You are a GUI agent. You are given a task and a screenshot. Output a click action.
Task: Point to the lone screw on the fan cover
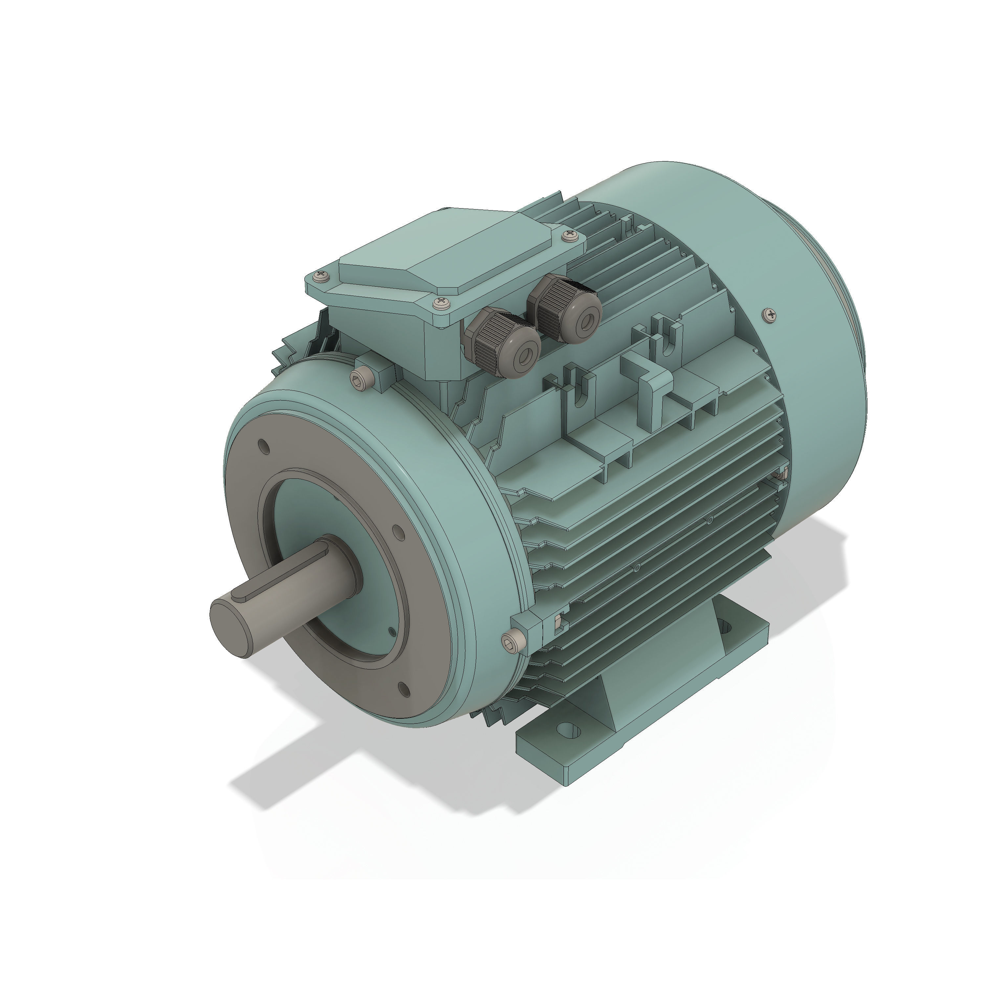tap(770, 315)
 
